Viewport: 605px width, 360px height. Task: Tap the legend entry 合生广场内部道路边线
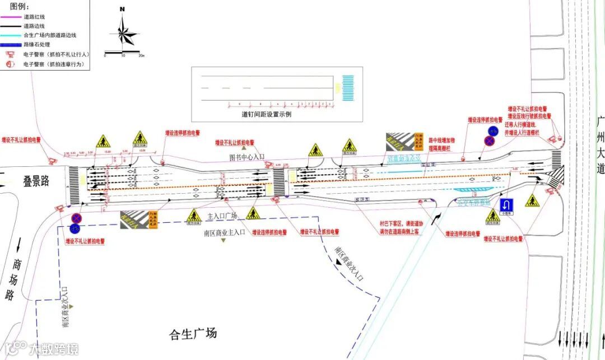[x=49, y=35]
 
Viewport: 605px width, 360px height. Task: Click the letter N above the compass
[x=122, y=10]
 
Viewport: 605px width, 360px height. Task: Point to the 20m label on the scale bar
[x=141, y=56]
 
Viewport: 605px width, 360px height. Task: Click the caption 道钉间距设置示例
[x=266, y=114]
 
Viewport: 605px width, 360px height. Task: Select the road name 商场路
[x=16, y=279]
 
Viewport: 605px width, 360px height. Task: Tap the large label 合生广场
[x=192, y=334]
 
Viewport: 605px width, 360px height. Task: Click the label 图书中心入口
[x=246, y=157]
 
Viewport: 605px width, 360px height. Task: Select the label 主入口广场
[x=222, y=216]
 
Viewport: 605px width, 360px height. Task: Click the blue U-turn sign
[x=507, y=204]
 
